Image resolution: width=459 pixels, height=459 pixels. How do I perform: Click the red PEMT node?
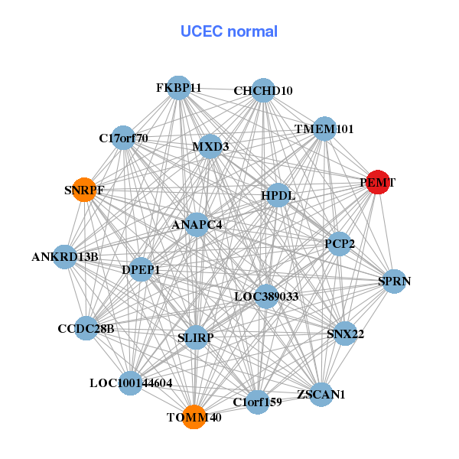[378, 183]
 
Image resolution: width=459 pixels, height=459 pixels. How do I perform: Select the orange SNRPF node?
[83, 190]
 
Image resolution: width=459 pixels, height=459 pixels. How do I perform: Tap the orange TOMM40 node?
[194, 417]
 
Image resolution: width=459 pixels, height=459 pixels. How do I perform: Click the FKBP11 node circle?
[178, 88]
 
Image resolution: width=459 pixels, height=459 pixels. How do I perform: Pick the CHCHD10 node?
[263, 90]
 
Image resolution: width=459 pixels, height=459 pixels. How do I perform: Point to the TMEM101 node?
[324, 129]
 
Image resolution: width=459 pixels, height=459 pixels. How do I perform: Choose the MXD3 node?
[210, 146]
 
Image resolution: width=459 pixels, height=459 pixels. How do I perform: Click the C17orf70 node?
[123, 138]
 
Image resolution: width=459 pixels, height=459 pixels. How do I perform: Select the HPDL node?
[278, 196]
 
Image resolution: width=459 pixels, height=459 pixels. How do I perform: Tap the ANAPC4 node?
[197, 225]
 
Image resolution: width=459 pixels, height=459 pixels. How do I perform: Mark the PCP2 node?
[339, 244]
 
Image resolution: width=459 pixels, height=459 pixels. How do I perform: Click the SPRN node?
[394, 282]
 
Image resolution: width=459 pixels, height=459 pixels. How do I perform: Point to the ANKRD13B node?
[65, 257]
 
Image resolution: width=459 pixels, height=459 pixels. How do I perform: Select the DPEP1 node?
[141, 269]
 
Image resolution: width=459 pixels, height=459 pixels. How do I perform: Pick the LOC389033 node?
[266, 296]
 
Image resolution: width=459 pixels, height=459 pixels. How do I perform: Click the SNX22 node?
[345, 333]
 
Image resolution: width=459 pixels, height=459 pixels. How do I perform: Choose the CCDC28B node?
[86, 329]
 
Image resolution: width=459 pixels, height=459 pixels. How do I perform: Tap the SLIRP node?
[196, 337]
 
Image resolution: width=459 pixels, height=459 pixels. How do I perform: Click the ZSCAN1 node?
[321, 395]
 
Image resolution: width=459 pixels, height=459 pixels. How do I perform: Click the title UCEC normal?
[229, 31]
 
